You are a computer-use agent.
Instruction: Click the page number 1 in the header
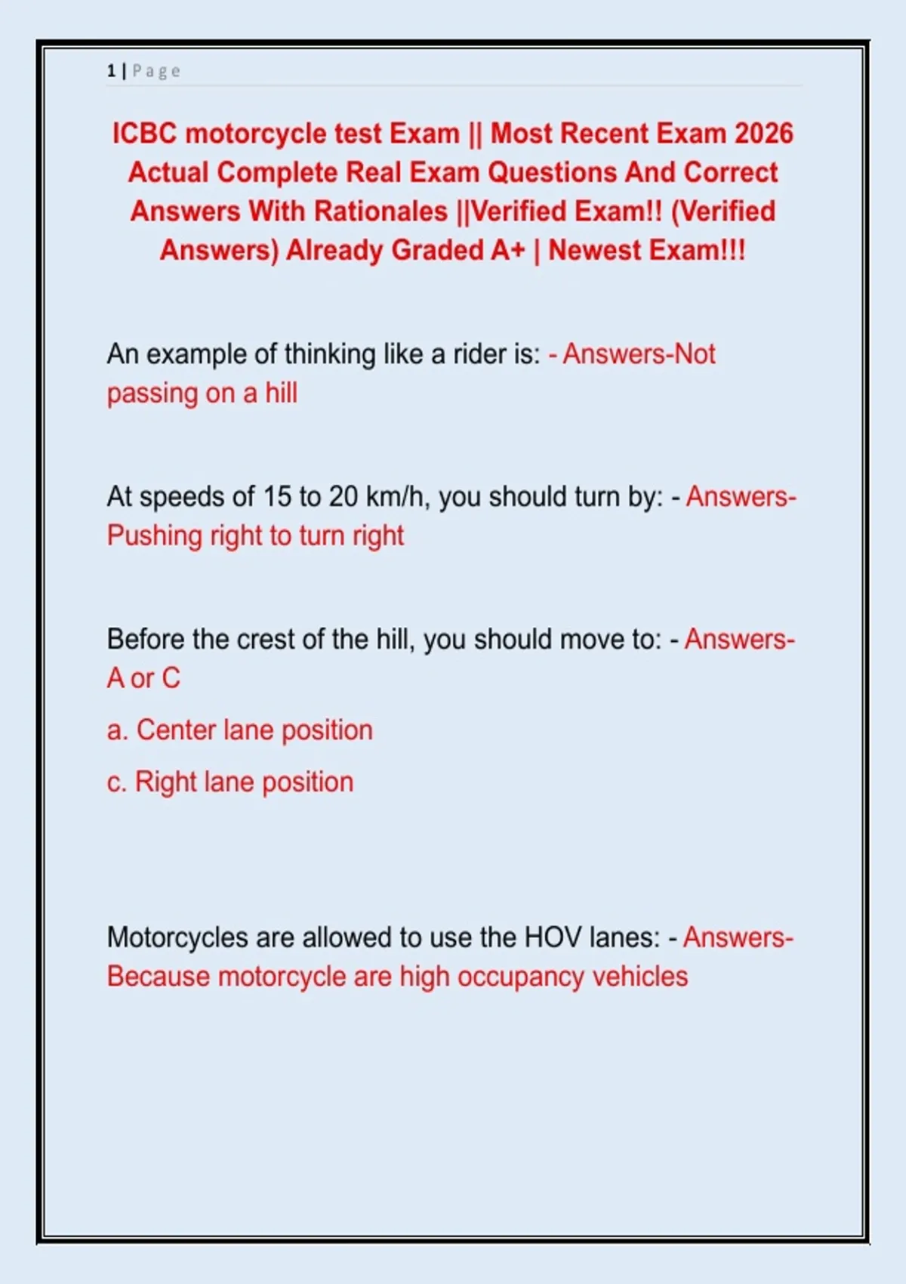point(111,71)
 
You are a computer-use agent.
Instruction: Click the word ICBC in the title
point(144,134)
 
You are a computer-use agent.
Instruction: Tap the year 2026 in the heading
point(763,134)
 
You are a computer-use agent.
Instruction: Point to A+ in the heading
point(507,251)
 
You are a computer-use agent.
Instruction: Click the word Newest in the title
point(593,251)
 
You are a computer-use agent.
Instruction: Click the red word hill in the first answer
point(281,394)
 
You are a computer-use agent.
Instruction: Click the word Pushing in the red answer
point(154,536)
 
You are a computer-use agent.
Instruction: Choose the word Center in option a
point(176,730)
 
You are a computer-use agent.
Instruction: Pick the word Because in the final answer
point(158,977)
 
